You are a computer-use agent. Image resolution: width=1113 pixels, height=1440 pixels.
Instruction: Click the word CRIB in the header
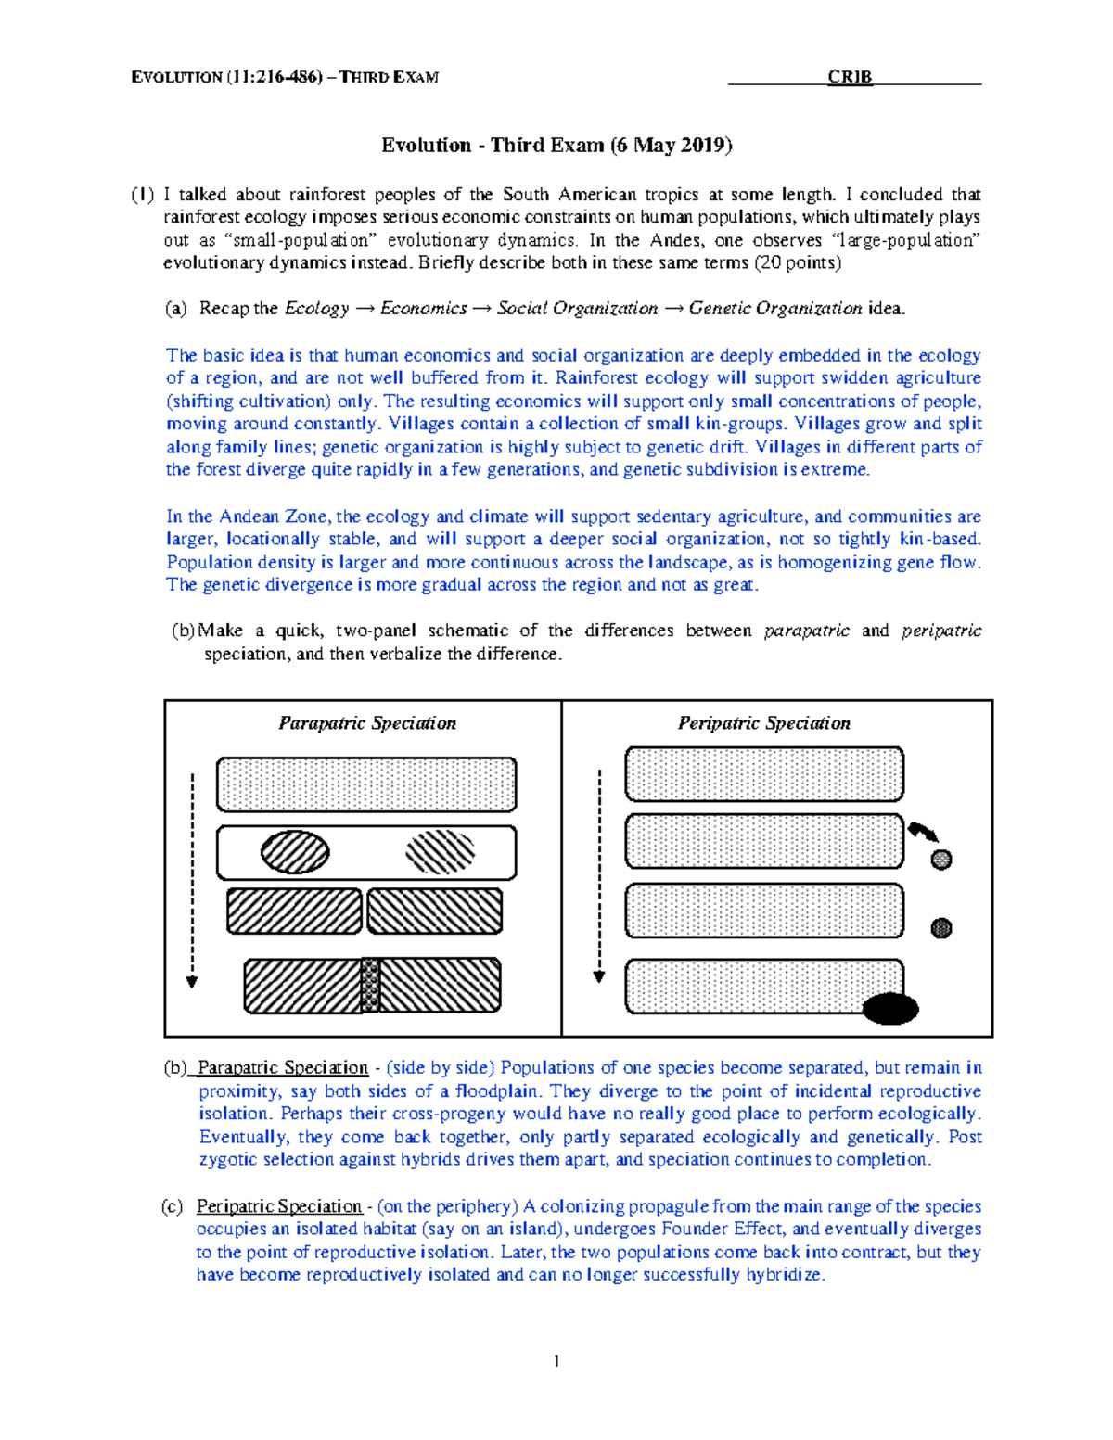850,77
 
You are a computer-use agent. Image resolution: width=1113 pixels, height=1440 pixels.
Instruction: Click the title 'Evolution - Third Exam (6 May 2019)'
556,145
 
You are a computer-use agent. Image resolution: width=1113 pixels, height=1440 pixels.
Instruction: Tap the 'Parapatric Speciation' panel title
367,723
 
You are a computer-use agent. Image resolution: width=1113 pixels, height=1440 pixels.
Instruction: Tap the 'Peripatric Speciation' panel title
763,723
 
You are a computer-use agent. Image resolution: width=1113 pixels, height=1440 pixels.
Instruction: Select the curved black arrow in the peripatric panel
923,831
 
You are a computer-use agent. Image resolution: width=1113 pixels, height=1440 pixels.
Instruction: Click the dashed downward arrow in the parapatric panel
192,881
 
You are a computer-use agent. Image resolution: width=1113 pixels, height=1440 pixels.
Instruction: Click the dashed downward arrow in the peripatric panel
599,876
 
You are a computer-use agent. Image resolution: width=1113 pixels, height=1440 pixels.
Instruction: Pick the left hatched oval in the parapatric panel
295,852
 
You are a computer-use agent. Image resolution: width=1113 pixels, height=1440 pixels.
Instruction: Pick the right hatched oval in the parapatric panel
441,852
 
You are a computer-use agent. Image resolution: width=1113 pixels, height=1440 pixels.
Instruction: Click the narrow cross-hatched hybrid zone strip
370,985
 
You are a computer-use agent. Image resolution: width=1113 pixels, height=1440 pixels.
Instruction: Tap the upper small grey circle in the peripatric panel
941,860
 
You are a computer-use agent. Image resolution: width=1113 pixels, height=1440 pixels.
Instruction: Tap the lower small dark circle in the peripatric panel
941,927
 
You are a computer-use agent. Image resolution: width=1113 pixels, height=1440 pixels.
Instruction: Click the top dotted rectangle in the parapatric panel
366,784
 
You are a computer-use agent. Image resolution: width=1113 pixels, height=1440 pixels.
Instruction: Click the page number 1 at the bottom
556,1361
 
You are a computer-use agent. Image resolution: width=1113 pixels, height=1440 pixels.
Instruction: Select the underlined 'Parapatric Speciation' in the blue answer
283,1068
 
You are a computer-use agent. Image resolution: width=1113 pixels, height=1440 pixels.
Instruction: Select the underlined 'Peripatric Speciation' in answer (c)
278,1206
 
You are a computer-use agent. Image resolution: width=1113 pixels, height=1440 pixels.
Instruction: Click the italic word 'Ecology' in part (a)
316,309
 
